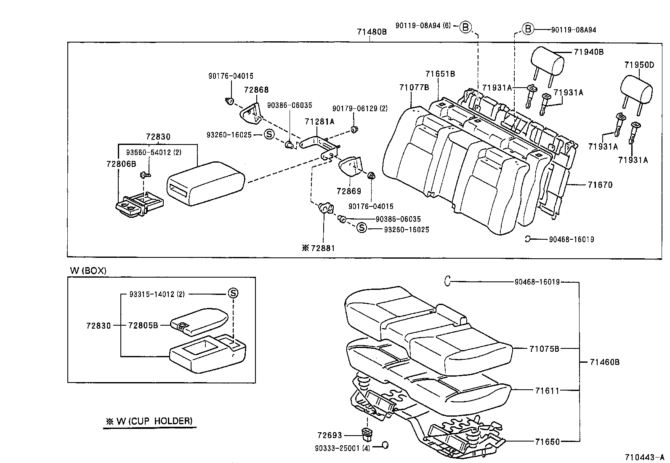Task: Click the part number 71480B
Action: tap(372, 32)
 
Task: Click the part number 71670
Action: tap(600, 185)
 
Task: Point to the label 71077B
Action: tap(414, 88)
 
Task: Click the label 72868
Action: tap(256, 90)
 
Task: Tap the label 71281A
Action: tap(319, 122)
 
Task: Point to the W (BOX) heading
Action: tap(88, 270)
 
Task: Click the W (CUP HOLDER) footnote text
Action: tap(149, 420)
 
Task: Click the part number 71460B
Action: tap(604, 362)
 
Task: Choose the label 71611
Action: tap(547, 391)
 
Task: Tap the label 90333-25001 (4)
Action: tap(342, 448)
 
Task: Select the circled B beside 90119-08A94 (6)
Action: tap(465, 27)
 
